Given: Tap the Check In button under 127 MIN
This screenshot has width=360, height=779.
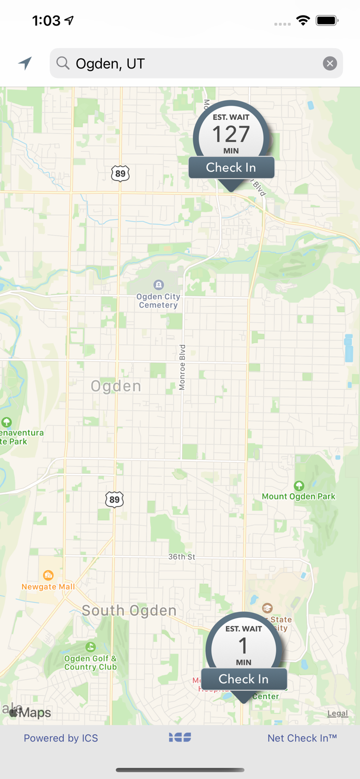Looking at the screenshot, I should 231,168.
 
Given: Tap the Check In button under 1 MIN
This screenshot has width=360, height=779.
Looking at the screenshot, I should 244,679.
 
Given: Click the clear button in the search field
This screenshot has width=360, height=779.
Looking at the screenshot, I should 330,63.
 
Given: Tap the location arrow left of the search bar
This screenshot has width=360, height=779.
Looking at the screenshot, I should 25,63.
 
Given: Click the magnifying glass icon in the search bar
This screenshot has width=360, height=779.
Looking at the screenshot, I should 63,63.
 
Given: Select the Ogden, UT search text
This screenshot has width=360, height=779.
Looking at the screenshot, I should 110,64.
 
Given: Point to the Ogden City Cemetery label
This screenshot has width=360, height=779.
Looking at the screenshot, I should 158,300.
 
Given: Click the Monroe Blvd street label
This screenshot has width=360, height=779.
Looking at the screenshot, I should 182,367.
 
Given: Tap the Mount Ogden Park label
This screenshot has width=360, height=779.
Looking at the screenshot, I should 299,496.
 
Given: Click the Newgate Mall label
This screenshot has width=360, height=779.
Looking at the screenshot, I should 48,586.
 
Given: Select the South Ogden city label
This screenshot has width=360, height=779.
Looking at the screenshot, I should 129,611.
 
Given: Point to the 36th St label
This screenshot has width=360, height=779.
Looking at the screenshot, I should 182,557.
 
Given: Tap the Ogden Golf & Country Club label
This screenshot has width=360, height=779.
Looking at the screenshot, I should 90,662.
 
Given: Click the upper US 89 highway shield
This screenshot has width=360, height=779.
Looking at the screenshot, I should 121,173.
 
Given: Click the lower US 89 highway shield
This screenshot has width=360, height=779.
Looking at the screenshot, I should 114,500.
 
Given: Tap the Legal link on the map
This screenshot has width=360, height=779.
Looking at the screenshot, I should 338,713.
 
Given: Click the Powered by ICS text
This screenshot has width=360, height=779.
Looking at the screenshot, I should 61,738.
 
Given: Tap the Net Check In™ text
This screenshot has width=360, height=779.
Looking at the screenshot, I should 302,738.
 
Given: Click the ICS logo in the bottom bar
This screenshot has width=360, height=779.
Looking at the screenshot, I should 180,737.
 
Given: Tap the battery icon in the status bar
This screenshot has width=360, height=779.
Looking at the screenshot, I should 327,21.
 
